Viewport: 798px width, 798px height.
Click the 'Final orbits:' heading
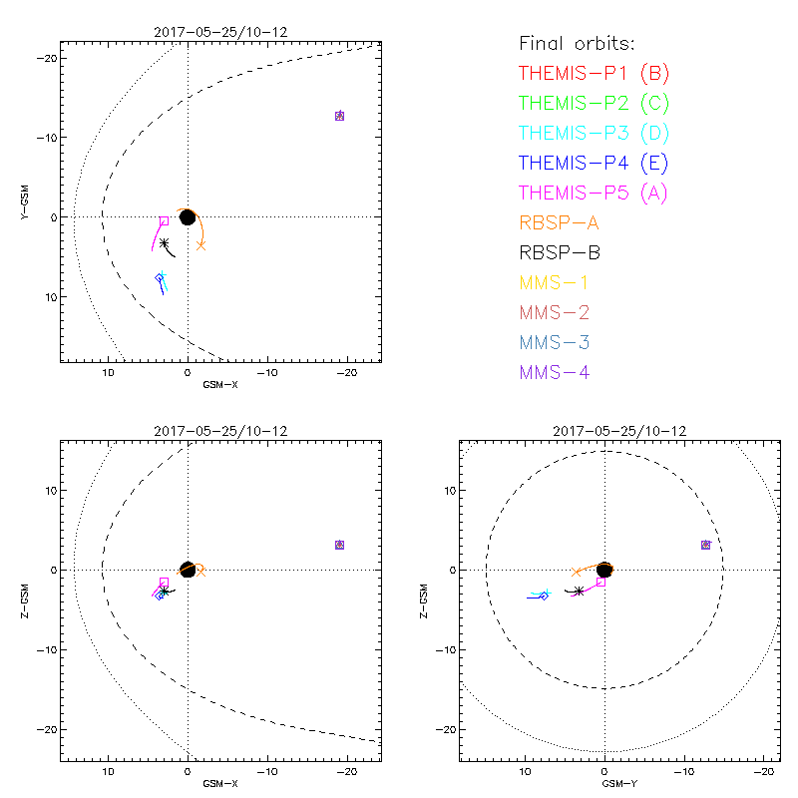point(577,43)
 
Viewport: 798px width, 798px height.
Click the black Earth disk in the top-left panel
point(187,216)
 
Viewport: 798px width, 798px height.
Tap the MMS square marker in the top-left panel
point(339,116)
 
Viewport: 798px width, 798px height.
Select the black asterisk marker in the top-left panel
point(165,242)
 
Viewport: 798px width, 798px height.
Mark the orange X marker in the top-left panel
point(200,244)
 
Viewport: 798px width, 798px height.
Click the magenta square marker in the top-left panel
point(165,220)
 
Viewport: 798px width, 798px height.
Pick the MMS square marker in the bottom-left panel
point(339,545)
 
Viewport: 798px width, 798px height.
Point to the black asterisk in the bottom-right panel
point(579,591)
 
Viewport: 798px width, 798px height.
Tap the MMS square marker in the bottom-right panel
point(705,545)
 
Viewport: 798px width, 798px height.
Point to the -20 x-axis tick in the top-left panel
point(346,372)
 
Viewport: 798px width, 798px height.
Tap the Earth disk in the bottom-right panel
point(604,570)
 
